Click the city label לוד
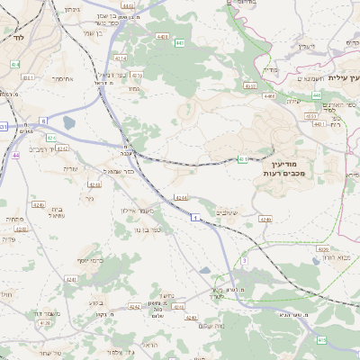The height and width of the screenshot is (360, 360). click(x=17, y=38)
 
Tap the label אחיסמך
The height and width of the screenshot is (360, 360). click(x=62, y=78)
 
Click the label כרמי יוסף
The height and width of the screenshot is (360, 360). click(x=91, y=260)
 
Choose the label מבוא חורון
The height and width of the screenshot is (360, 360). click(x=334, y=257)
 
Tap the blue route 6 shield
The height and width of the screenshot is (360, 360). click(x=43, y=120)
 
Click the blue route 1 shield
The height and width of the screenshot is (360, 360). click(x=194, y=218)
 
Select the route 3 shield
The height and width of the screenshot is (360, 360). click(x=243, y=261)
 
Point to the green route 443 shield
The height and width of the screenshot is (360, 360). click(x=180, y=42)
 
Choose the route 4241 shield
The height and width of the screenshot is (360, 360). click(x=72, y=280)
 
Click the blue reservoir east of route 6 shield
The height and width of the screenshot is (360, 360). click(x=68, y=123)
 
